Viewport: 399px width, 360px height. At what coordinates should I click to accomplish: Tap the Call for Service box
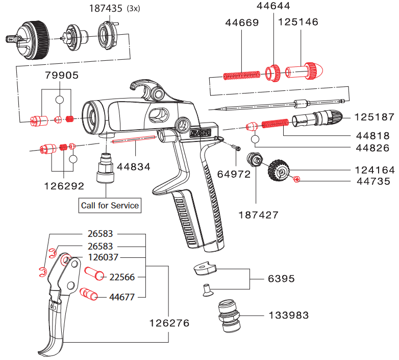click(x=110, y=205)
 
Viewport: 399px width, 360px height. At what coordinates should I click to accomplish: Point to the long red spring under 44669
click(x=242, y=76)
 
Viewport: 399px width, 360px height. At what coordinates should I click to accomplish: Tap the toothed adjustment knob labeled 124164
click(x=278, y=170)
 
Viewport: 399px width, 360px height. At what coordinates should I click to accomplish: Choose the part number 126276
click(x=169, y=323)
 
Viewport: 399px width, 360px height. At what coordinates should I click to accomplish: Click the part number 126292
click(x=64, y=186)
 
